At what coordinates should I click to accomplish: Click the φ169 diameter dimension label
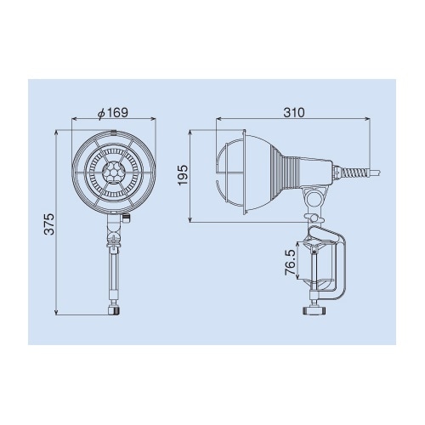(x=113, y=113)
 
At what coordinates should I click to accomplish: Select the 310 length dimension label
(x=294, y=113)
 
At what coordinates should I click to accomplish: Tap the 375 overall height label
(x=50, y=224)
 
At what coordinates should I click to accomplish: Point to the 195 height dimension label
(x=184, y=174)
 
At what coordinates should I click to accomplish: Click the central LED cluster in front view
(x=114, y=173)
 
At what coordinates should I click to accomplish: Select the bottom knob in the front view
(x=114, y=310)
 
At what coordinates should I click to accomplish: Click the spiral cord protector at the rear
(x=354, y=172)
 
